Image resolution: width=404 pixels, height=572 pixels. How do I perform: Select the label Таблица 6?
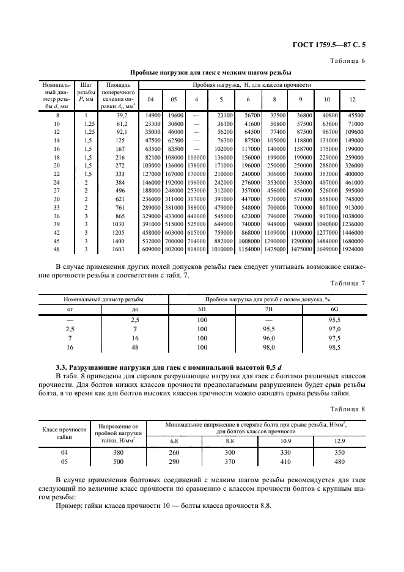coord(347,61)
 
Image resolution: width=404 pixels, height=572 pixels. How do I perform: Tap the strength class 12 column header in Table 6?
coord(353,99)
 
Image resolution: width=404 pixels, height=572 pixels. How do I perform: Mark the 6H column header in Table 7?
coord(202,309)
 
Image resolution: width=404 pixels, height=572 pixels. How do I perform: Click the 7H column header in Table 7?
coord(268,309)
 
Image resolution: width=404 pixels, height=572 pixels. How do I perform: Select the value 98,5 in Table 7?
coord(334,346)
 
